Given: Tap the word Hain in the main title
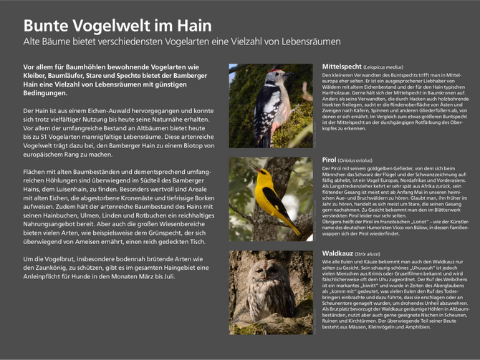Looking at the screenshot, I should click(x=192, y=26).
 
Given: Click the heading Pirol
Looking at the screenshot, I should click(x=329, y=160).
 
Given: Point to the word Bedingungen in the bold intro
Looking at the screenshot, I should click(x=47, y=93).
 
